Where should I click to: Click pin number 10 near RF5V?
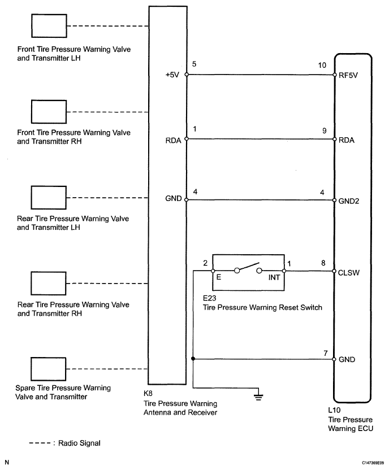tap(322, 65)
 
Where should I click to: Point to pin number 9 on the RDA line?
tap(324, 129)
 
